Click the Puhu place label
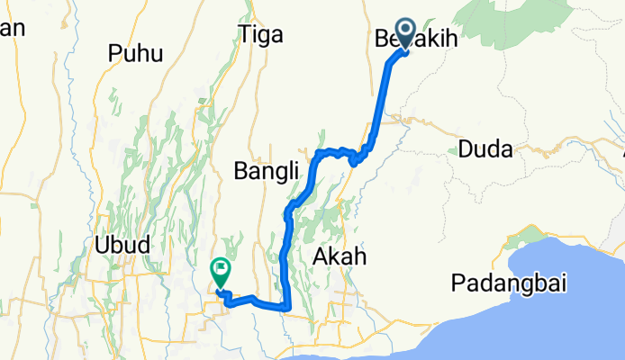[x=135, y=54]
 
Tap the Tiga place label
[x=262, y=34]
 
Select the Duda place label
[x=485, y=148]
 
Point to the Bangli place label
[x=259, y=169]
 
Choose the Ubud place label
[x=120, y=244]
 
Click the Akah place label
[x=340, y=257]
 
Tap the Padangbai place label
[x=509, y=283]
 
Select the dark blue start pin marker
[x=403, y=33]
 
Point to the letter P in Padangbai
[x=458, y=283]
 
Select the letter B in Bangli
[x=240, y=169]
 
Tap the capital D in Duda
[x=466, y=148]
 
